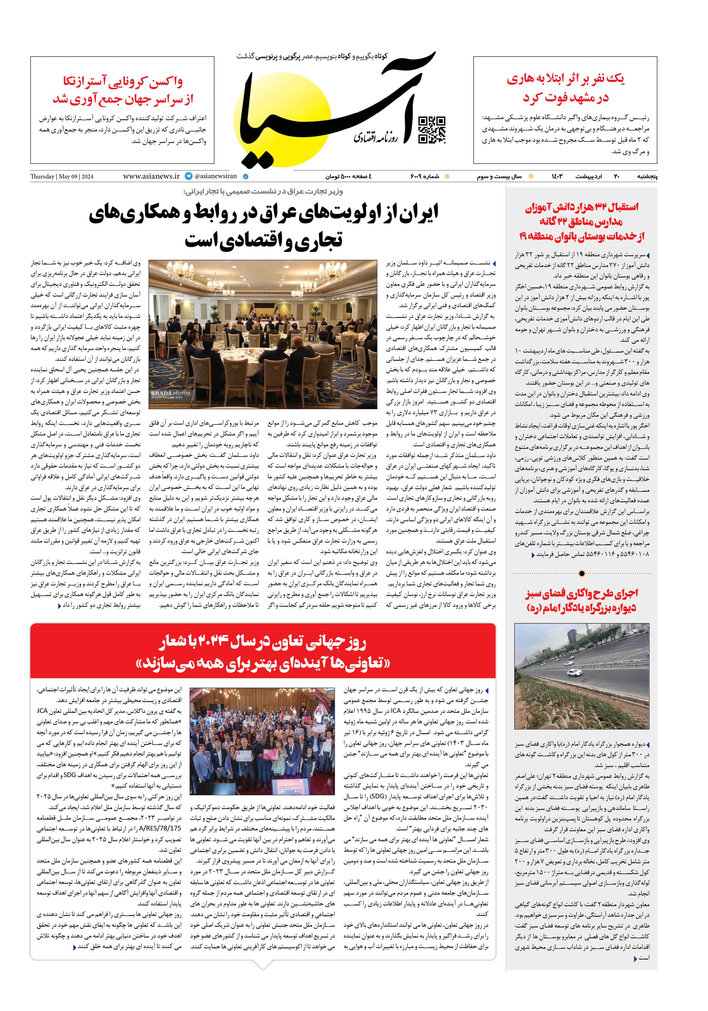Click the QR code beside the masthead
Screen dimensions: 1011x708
431,130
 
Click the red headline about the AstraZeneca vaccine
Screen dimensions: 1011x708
123,90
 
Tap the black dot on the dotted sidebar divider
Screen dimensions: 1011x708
582,573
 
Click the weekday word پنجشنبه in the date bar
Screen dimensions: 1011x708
646,177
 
